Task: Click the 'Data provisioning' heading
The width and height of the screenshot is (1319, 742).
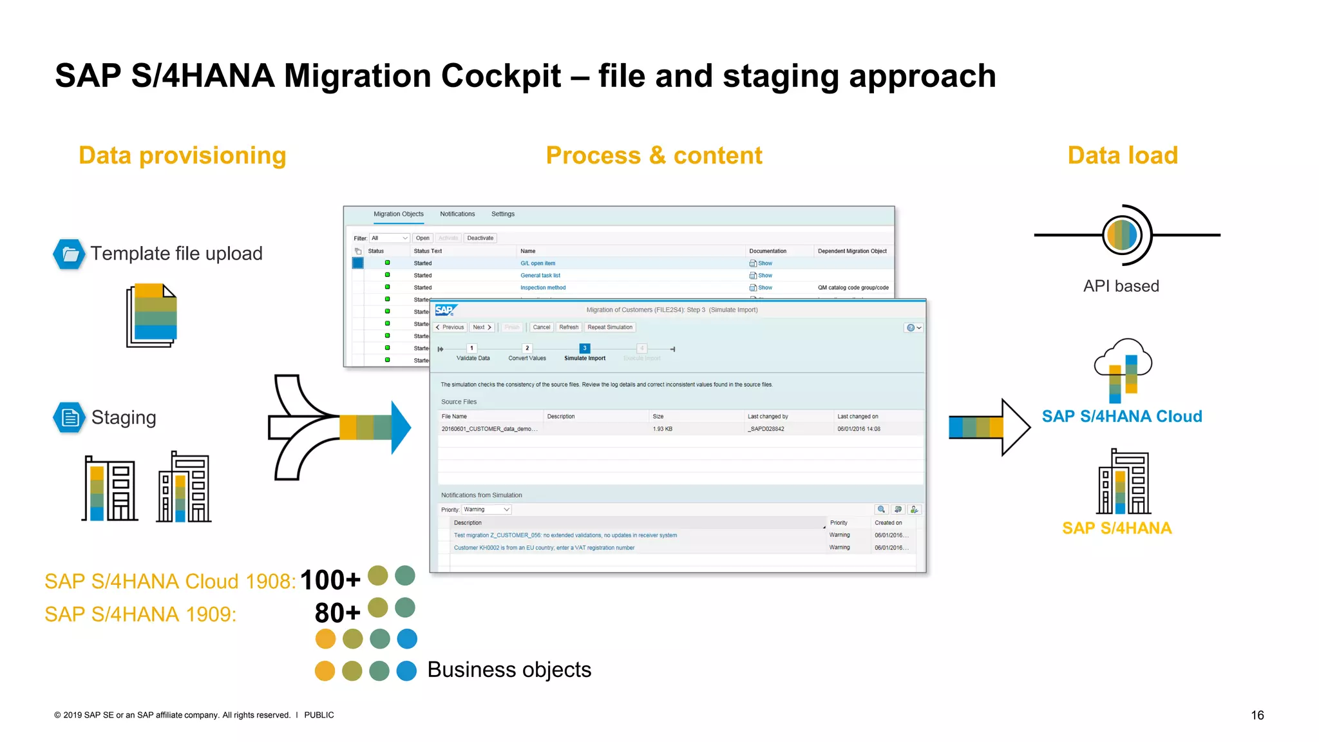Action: tap(182, 156)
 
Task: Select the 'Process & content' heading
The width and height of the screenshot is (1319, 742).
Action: tap(654, 156)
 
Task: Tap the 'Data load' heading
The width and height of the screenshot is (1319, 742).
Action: tap(1123, 156)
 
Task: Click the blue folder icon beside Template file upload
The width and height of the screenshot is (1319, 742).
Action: tap(69, 254)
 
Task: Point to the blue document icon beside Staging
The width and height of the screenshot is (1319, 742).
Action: tap(69, 417)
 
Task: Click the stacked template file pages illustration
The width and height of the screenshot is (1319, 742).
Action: tap(152, 316)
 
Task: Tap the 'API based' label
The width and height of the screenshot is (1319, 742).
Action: tap(1121, 286)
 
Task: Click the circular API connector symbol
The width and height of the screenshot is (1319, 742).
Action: tap(1124, 235)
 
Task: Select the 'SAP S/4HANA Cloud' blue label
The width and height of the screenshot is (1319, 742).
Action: tap(1122, 417)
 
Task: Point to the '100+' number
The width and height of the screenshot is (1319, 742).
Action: tap(330, 580)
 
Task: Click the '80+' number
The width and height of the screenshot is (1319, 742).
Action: tap(337, 613)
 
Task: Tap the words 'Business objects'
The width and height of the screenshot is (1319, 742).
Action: tap(509, 670)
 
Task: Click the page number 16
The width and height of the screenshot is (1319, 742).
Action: tap(1257, 715)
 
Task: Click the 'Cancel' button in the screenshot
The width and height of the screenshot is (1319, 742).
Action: tap(541, 327)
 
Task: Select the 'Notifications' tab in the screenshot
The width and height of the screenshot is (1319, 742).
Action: tap(457, 214)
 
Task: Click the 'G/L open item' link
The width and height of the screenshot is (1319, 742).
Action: tap(538, 263)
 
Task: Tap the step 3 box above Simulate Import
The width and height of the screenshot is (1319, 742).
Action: tap(585, 348)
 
